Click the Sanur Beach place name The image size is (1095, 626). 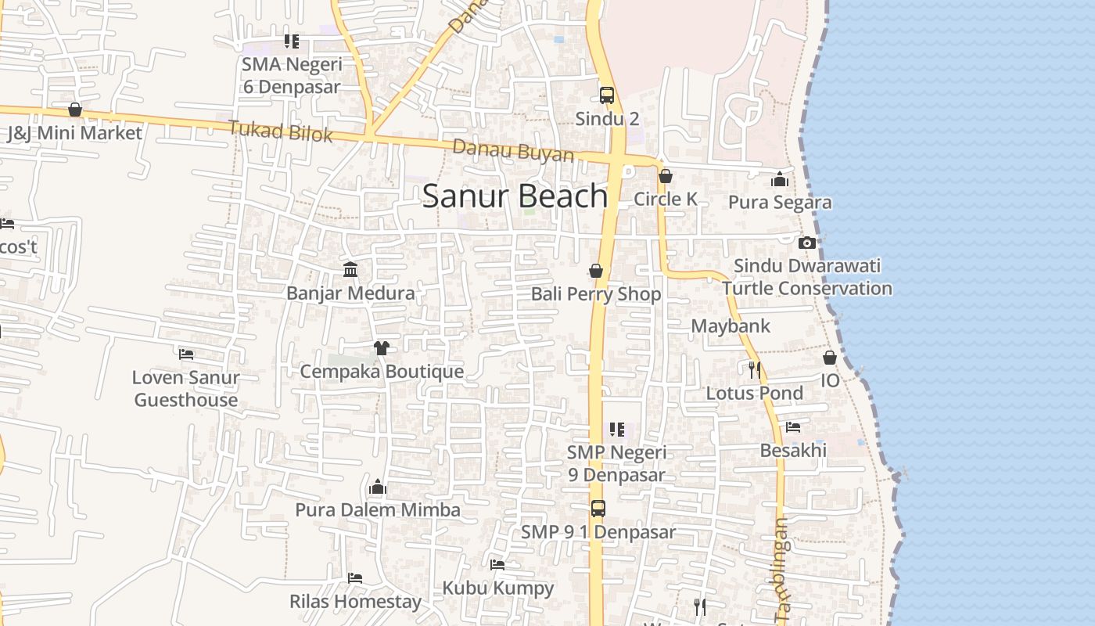pos(515,196)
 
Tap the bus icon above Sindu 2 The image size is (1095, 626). pos(607,95)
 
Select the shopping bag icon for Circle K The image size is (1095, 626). pos(666,176)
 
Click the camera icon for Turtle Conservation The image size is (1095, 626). pos(807,243)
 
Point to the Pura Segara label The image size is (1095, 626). pos(780,203)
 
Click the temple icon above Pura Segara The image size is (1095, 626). pos(779,179)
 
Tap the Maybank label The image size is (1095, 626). pos(731,326)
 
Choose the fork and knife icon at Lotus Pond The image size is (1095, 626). pos(754,369)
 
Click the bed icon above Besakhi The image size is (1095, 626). pos(793,427)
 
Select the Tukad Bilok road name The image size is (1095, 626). pos(281,131)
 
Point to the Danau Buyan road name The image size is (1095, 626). pos(513,150)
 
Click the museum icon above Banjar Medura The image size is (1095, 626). pos(350,270)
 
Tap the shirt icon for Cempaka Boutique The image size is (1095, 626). pos(382,347)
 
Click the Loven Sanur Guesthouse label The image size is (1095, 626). pos(186,388)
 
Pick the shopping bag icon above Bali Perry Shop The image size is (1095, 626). pos(596,271)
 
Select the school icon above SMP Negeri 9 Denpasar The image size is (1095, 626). pos(617,430)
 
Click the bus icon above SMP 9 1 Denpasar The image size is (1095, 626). pos(598,509)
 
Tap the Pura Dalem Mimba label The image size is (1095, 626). pos(378,510)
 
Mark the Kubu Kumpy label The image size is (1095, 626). pos(498,588)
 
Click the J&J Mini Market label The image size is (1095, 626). pos(75,133)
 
